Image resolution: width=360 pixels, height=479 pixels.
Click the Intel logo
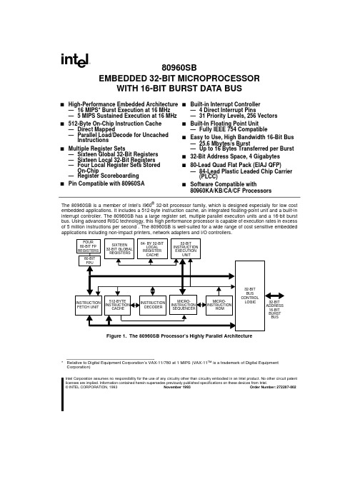point(75,60)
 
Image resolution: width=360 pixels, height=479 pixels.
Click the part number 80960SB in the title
point(179,68)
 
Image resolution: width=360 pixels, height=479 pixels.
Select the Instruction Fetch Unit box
point(89,306)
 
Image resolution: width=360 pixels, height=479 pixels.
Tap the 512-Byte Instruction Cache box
point(117,306)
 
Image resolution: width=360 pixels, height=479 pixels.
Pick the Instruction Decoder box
point(153,306)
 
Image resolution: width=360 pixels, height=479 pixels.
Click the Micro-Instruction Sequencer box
point(183,305)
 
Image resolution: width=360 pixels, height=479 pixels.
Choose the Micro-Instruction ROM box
point(219,306)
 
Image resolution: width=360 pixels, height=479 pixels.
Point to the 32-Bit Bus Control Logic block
point(250,296)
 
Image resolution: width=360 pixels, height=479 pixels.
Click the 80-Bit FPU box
point(89,261)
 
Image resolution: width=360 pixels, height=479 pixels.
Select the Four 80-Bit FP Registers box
point(89,246)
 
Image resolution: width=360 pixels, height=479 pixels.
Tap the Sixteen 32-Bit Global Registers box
point(119,248)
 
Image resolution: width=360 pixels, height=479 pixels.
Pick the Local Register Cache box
point(152,248)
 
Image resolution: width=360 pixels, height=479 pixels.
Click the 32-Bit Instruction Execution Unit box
point(186,248)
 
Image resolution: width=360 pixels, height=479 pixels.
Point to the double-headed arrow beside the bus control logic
point(274,296)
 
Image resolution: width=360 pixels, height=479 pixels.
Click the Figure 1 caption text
point(179,336)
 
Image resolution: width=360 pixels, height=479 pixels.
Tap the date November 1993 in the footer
point(177,387)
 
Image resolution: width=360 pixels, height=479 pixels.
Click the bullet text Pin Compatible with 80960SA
point(106,183)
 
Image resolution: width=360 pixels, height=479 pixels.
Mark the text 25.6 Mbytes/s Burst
point(224,143)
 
